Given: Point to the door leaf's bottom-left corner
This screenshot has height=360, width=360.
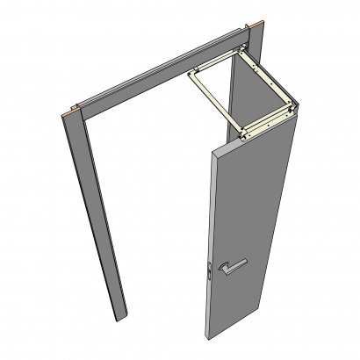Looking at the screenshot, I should click(x=209, y=337).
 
